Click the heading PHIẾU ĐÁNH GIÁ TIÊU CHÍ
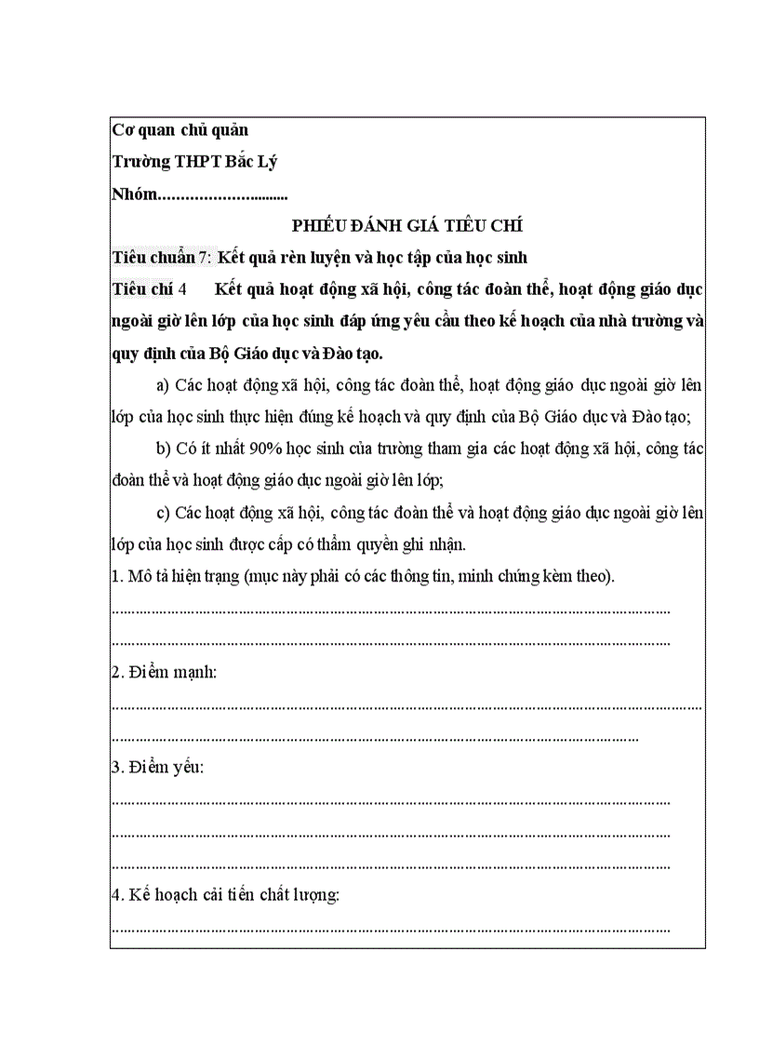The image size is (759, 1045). point(407,225)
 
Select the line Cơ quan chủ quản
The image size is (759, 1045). point(180,130)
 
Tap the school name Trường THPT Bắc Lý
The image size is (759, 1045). point(194,162)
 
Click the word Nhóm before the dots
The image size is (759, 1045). point(134,194)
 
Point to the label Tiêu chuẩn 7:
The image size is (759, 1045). point(162,257)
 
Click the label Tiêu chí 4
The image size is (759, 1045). point(150,289)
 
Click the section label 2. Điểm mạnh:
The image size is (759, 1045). point(164,672)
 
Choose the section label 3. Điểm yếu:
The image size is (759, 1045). point(157,768)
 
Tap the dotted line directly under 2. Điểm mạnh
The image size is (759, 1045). point(406,706)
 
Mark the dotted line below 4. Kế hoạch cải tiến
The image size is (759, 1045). point(391,929)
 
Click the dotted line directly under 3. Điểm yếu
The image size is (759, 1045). point(391,801)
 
